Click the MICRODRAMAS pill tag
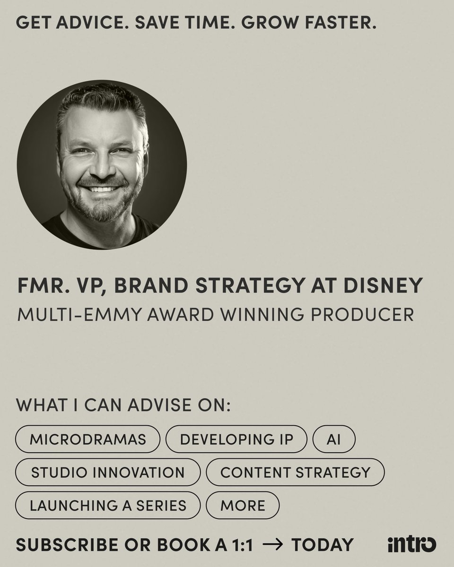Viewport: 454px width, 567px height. (x=88, y=439)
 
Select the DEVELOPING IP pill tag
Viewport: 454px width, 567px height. (x=236, y=439)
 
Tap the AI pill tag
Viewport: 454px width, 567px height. (x=334, y=439)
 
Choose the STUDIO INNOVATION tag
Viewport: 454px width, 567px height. (x=108, y=472)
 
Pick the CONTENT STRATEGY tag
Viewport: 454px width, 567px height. (x=296, y=472)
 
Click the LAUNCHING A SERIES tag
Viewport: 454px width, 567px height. (x=108, y=505)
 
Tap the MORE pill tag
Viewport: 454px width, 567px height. (x=243, y=505)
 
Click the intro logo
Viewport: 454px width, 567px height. (x=411, y=544)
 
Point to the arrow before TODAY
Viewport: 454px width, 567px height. (x=272, y=544)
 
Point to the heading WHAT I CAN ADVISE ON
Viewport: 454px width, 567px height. (x=123, y=405)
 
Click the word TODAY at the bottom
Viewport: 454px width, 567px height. (x=322, y=544)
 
